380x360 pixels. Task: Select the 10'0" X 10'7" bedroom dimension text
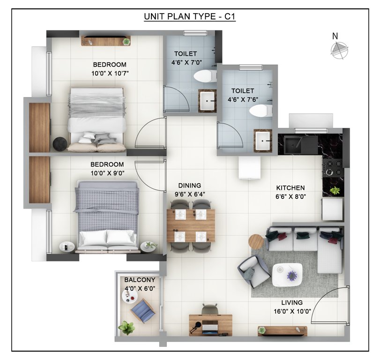(x=110, y=73)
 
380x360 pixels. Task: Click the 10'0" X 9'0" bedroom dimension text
(x=107, y=173)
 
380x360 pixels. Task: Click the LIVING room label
(x=292, y=302)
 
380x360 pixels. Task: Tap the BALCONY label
(x=140, y=280)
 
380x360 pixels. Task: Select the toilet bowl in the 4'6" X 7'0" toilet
(x=204, y=76)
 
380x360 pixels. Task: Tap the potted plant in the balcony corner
(x=126, y=327)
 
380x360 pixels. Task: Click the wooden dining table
(x=191, y=225)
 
